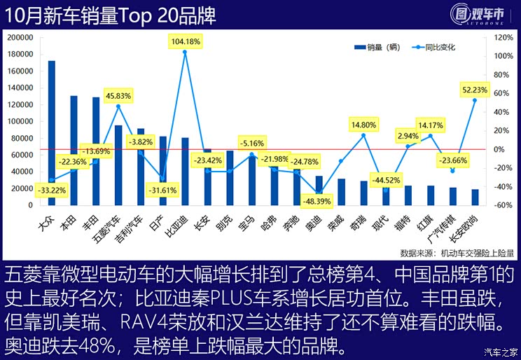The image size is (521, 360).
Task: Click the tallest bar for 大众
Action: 51,133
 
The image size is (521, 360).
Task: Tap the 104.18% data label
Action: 186,41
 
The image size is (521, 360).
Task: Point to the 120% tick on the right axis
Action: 504,38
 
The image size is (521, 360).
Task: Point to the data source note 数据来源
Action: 457,253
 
